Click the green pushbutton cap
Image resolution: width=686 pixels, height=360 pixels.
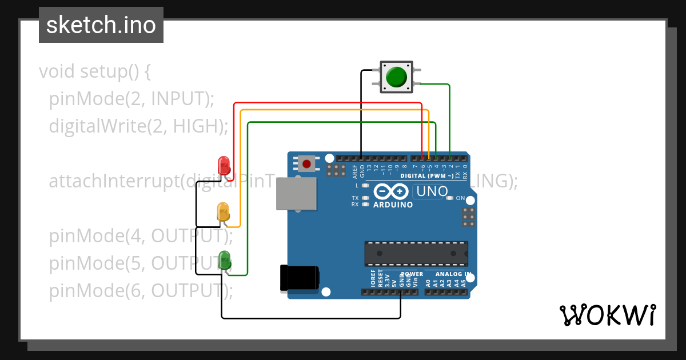(397, 77)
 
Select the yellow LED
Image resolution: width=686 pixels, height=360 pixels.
(223, 212)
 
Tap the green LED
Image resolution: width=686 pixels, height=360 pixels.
(225, 260)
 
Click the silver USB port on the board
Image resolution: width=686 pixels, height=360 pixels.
(296, 193)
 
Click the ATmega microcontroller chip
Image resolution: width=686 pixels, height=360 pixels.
(416, 254)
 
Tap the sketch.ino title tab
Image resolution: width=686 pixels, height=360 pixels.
(101, 25)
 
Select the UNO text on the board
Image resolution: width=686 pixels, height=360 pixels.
(432, 191)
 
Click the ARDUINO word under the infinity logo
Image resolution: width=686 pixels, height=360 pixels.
(393, 205)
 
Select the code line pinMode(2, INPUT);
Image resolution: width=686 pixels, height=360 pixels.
(131, 98)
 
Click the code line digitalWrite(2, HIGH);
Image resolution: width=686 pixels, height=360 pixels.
(138, 125)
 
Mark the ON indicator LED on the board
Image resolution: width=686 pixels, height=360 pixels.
(450, 198)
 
